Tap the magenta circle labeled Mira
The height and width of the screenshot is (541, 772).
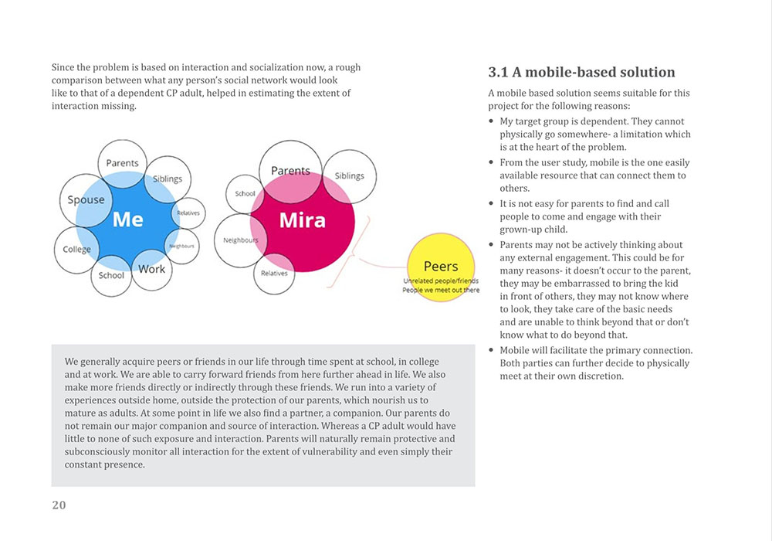[303, 220]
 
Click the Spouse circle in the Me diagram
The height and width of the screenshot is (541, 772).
[86, 200]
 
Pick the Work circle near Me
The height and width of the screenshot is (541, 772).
[151, 270]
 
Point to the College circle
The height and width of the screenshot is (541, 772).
[76, 250]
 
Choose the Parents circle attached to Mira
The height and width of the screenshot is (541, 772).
[290, 172]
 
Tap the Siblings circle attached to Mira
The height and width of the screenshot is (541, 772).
[350, 176]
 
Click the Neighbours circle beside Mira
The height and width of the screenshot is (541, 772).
[240, 240]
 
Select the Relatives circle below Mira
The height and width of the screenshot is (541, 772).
[274, 274]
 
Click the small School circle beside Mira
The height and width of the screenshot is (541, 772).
[245, 194]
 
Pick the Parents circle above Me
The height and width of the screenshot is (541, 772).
[123, 164]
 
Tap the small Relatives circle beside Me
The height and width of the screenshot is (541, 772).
[188, 213]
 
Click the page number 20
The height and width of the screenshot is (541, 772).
[59, 505]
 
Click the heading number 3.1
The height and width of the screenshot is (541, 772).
[498, 73]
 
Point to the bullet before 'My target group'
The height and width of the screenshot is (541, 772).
[491, 121]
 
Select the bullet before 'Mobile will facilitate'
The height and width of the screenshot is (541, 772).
[491, 350]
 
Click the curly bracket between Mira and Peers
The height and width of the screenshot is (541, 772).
[351, 252]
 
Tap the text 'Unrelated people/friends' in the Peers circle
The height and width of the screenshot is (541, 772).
[441, 281]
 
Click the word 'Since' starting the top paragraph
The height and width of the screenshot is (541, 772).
[63, 67]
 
